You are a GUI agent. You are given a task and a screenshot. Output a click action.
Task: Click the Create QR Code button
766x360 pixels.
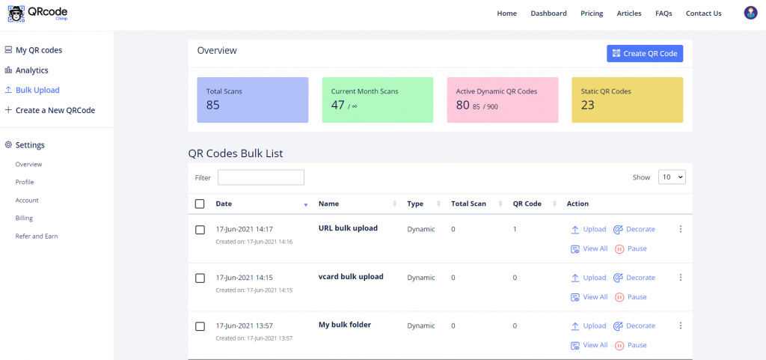[x=644, y=53]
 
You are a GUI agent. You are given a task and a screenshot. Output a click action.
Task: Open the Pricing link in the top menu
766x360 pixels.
[x=592, y=13]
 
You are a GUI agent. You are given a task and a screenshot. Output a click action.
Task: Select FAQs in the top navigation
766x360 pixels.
[x=664, y=13]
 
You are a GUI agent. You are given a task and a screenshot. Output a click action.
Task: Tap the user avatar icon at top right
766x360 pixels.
[x=750, y=13]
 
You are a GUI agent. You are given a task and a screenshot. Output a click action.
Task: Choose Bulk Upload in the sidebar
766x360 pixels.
[x=37, y=90]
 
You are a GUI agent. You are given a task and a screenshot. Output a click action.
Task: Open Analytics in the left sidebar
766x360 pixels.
[x=31, y=70]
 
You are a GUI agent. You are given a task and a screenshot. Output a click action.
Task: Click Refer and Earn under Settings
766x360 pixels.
[x=37, y=236]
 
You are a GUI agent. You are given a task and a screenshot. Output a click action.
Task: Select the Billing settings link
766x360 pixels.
[x=24, y=218]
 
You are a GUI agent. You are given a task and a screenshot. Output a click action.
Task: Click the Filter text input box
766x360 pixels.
[x=260, y=177]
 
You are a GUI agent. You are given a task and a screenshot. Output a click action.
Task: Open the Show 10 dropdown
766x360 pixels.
[x=672, y=177]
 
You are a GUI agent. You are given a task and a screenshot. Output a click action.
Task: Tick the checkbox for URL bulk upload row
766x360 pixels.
[x=200, y=230]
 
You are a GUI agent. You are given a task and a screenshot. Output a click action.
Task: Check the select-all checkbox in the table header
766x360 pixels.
[x=200, y=204]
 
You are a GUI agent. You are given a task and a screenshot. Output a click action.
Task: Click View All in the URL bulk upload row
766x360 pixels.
[x=589, y=248]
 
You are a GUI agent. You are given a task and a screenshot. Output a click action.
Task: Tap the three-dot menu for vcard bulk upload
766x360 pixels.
[x=681, y=278]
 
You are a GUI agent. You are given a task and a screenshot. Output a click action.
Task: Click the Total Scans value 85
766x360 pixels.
[x=213, y=105]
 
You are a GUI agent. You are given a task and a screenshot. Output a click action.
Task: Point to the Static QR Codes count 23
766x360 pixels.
[x=588, y=105]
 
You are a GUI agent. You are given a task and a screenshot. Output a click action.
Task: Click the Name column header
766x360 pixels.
[x=329, y=204]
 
